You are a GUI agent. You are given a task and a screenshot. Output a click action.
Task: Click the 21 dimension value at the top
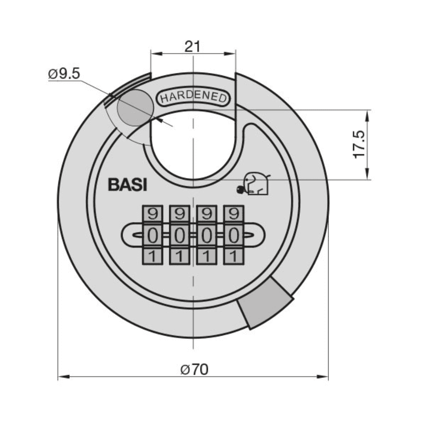(193, 47)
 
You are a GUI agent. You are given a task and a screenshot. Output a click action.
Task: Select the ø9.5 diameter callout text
(64, 73)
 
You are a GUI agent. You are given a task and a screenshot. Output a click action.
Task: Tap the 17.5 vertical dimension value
(359, 145)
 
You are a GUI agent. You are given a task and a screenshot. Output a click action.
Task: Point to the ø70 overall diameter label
(194, 370)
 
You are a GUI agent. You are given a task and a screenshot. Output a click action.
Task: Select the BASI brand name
(127, 185)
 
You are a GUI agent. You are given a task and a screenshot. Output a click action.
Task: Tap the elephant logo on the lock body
(255, 184)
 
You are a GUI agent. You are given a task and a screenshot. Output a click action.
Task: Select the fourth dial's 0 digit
(234, 236)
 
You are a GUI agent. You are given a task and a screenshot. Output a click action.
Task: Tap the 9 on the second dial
(179, 215)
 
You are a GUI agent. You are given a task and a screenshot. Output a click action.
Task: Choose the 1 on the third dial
(207, 257)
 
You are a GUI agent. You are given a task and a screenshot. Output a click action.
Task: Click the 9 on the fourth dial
(234, 215)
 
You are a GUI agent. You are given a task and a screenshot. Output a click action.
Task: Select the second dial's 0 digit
(179, 236)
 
